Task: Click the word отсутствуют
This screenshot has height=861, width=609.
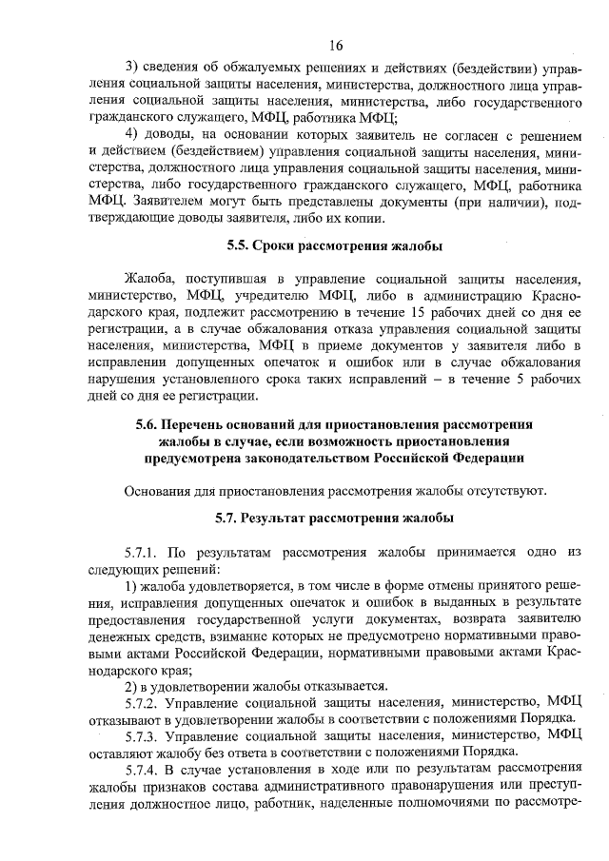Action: click(x=507, y=490)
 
